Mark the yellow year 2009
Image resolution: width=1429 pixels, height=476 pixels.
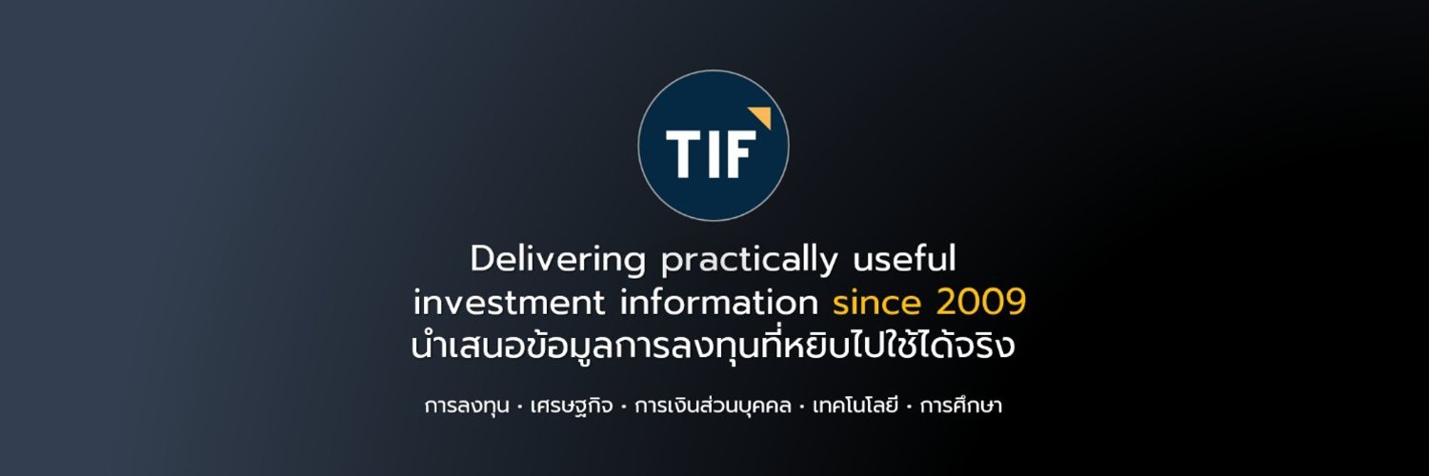980,303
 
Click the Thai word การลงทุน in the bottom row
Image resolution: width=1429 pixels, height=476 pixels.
466,407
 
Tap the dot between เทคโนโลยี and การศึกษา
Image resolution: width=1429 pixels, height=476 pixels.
910,407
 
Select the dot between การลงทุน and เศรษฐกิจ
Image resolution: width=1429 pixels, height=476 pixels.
518,407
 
